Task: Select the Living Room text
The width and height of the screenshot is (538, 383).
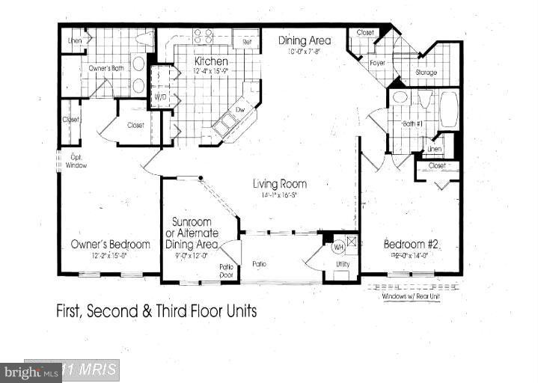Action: [279, 184]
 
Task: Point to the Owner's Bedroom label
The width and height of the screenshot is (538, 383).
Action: [110, 244]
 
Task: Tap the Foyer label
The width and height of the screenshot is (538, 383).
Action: [377, 63]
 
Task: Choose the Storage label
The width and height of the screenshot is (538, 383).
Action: [426, 73]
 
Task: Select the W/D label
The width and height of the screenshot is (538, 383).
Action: [159, 97]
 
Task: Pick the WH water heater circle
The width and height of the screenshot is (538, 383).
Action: [337, 247]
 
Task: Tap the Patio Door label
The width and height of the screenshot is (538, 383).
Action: [227, 270]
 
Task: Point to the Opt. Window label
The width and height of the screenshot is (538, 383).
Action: [76, 161]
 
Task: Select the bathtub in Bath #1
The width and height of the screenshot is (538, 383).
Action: [449, 111]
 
